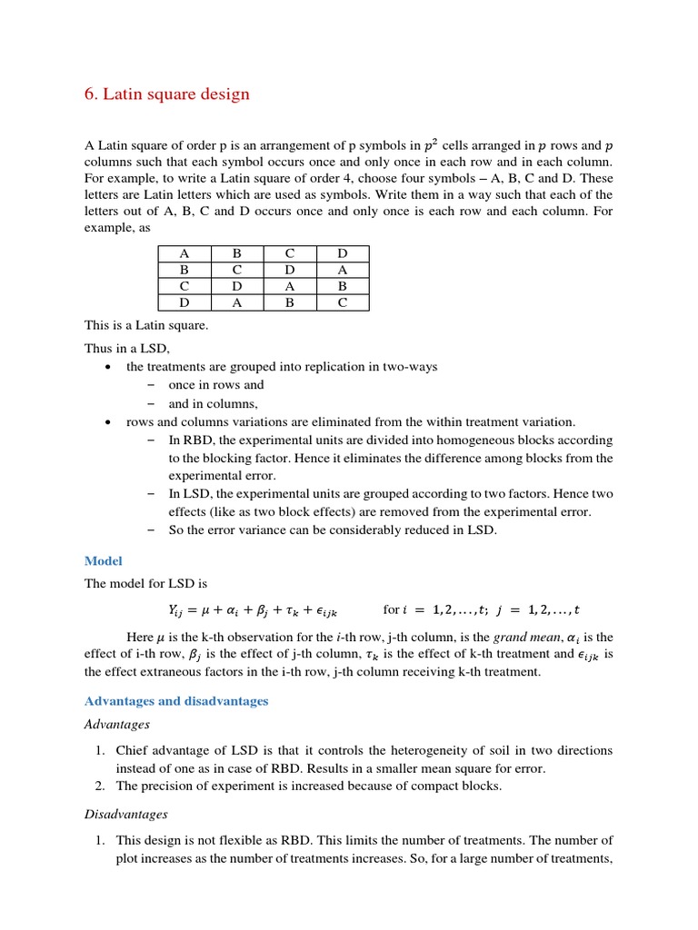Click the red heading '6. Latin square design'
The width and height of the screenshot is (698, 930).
pyautogui.click(x=166, y=94)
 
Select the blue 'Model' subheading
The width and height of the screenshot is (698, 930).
pyautogui.click(x=103, y=561)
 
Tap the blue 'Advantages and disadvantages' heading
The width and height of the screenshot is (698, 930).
pyautogui.click(x=176, y=701)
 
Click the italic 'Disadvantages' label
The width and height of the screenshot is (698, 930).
pyautogui.click(x=125, y=815)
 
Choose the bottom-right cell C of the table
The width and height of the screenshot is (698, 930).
pyautogui.click(x=342, y=303)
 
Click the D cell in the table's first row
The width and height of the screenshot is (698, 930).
pyautogui.click(x=342, y=254)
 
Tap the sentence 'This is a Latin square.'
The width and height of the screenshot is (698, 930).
pyautogui.click(x=145, y=325)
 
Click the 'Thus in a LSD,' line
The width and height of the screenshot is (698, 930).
pyautogui.click(x=126, y=348)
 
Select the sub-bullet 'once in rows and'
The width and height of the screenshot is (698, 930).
pyautogui.click(x=216, y=385)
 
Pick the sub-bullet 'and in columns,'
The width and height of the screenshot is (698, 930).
pyautogui.click(x=214, y=403)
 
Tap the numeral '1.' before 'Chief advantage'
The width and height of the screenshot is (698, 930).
pyautogui.click(x=102, y=750)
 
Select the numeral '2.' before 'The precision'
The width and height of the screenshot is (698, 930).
pyautogui.click(x=102, y=787)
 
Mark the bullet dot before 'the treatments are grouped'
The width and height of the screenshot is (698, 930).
pyautogui.click(x=109, y=367)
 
